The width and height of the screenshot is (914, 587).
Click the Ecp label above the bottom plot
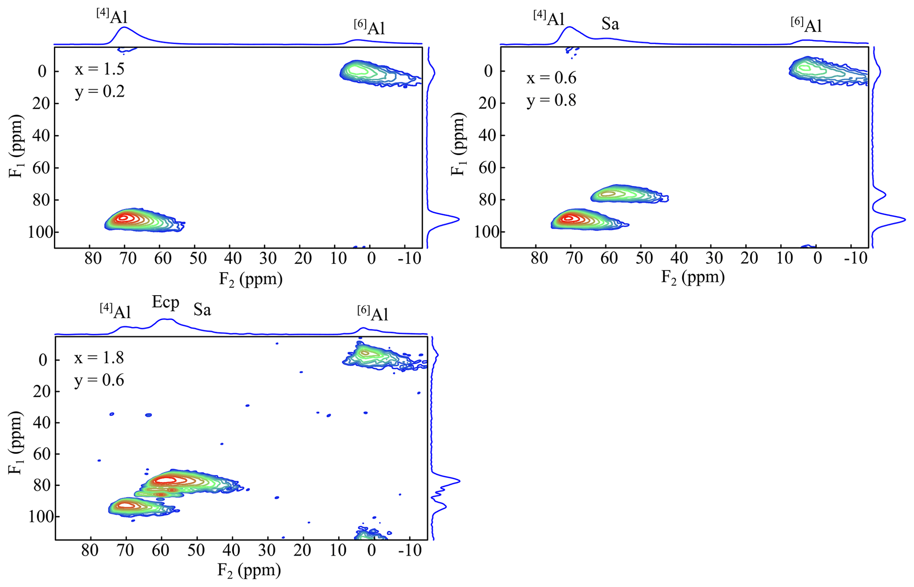(165, 302)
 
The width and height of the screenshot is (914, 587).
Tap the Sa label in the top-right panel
(610, 23)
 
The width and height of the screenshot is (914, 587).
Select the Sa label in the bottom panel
(202, 310)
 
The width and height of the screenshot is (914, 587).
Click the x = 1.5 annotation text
(99, 69)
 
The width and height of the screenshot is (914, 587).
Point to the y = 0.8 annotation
(551, 100)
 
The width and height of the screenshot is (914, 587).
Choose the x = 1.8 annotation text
(99, 358)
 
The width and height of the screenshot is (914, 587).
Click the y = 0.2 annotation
(99, 92)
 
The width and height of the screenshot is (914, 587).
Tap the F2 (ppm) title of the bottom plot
(249, 570)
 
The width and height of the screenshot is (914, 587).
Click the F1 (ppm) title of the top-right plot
(459, 144)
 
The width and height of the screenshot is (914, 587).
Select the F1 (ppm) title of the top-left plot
(16, 146)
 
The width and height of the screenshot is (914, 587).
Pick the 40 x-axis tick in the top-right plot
(679, 259)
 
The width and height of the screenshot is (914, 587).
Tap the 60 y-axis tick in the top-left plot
(42, 168)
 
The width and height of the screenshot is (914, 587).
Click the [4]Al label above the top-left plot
(112, 16)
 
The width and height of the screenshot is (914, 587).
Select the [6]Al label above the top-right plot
(806, 25)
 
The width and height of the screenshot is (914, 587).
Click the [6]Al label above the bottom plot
(372, 313)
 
